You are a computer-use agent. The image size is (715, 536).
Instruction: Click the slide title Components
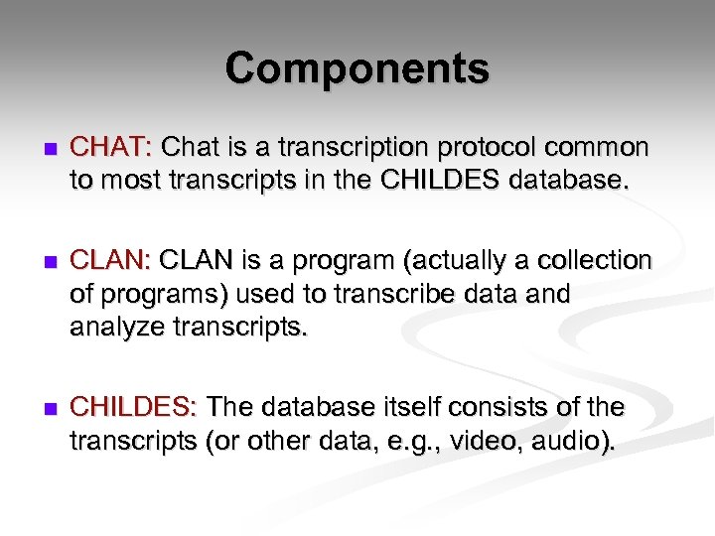[x=357, y=68]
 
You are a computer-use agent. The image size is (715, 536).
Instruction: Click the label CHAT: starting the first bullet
[x=110, y=149]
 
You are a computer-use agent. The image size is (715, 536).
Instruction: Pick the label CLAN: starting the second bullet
[x=110, y=261]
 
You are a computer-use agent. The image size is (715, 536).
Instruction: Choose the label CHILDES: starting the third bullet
[x=135, y=407]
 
